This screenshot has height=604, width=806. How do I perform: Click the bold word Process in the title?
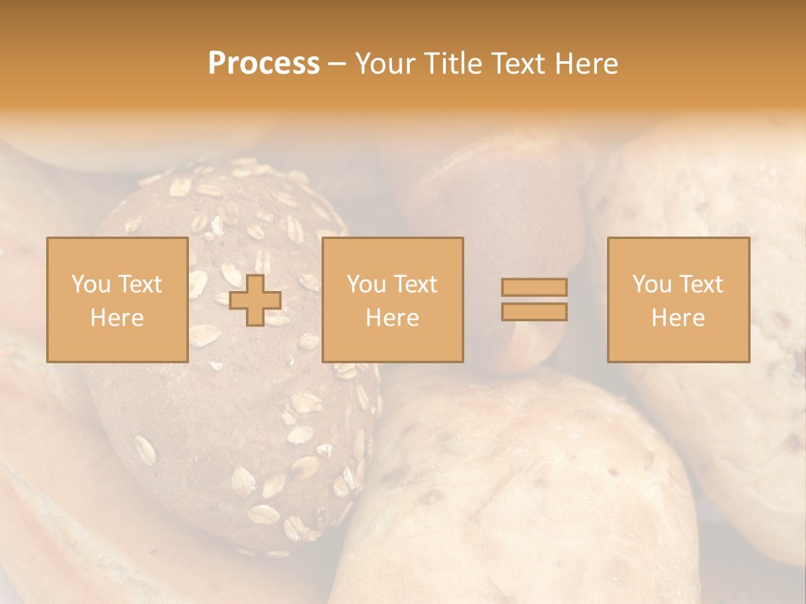pos(264,64)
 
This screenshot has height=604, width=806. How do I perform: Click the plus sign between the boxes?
pos(255,300)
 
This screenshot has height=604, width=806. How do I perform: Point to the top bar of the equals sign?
pos(534,288)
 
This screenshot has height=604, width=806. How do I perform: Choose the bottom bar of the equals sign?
pos(534,312)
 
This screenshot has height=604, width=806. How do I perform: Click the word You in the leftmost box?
pos(90,284)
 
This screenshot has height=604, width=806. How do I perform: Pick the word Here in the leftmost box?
pos(117,318)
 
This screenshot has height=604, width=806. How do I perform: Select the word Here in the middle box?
pos(392,318)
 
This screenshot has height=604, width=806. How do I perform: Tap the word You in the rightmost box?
pos(652,284)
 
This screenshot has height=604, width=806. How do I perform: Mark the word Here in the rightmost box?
pos(678,318)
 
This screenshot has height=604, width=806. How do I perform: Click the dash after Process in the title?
pos(336,64)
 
